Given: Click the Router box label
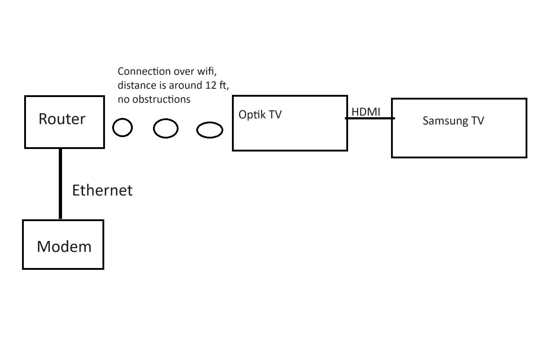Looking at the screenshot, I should coord(62,119).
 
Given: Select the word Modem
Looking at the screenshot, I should coord(64,247).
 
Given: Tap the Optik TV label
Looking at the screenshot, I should coord(260,115).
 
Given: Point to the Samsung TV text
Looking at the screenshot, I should coord(453,120).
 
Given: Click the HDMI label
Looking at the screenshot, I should coord(366,112).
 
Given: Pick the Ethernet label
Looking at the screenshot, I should coord(102,190).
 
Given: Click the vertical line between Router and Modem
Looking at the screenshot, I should coord(60,184).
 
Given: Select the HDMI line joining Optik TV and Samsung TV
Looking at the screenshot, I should coord(370,118).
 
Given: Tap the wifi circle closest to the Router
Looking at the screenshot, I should coord(122,128).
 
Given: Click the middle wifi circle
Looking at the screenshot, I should coord(166,128).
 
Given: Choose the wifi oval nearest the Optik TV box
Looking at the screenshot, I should coord(210,130).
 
